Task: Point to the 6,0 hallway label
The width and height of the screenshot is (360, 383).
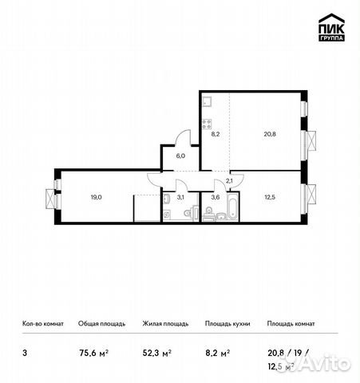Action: click(x=180, y=157)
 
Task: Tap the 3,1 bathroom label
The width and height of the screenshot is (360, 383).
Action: click(x=180, y=197)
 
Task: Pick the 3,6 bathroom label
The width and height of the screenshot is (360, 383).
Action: click(x=214, y=197)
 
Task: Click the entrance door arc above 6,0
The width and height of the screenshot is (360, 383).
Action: click(x=184, y=137)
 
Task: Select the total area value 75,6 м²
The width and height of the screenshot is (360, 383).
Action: click(x=93, y=350)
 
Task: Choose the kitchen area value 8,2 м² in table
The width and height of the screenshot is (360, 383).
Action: click(x=217, y=350)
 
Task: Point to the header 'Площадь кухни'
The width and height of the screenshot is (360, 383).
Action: click(x=227, y=324)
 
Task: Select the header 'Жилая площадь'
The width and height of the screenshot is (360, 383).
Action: click(x=166, y=324)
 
